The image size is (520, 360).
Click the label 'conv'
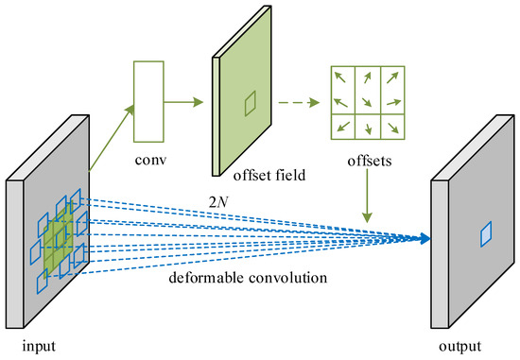click(x=150, y=159)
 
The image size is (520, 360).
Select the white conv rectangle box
click(x=149, y=101)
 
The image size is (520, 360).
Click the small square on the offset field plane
click(x=249, y=103)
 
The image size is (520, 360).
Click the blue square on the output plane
click(x=483, y=231)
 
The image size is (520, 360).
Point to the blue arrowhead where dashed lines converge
click(x=419, y=238)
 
